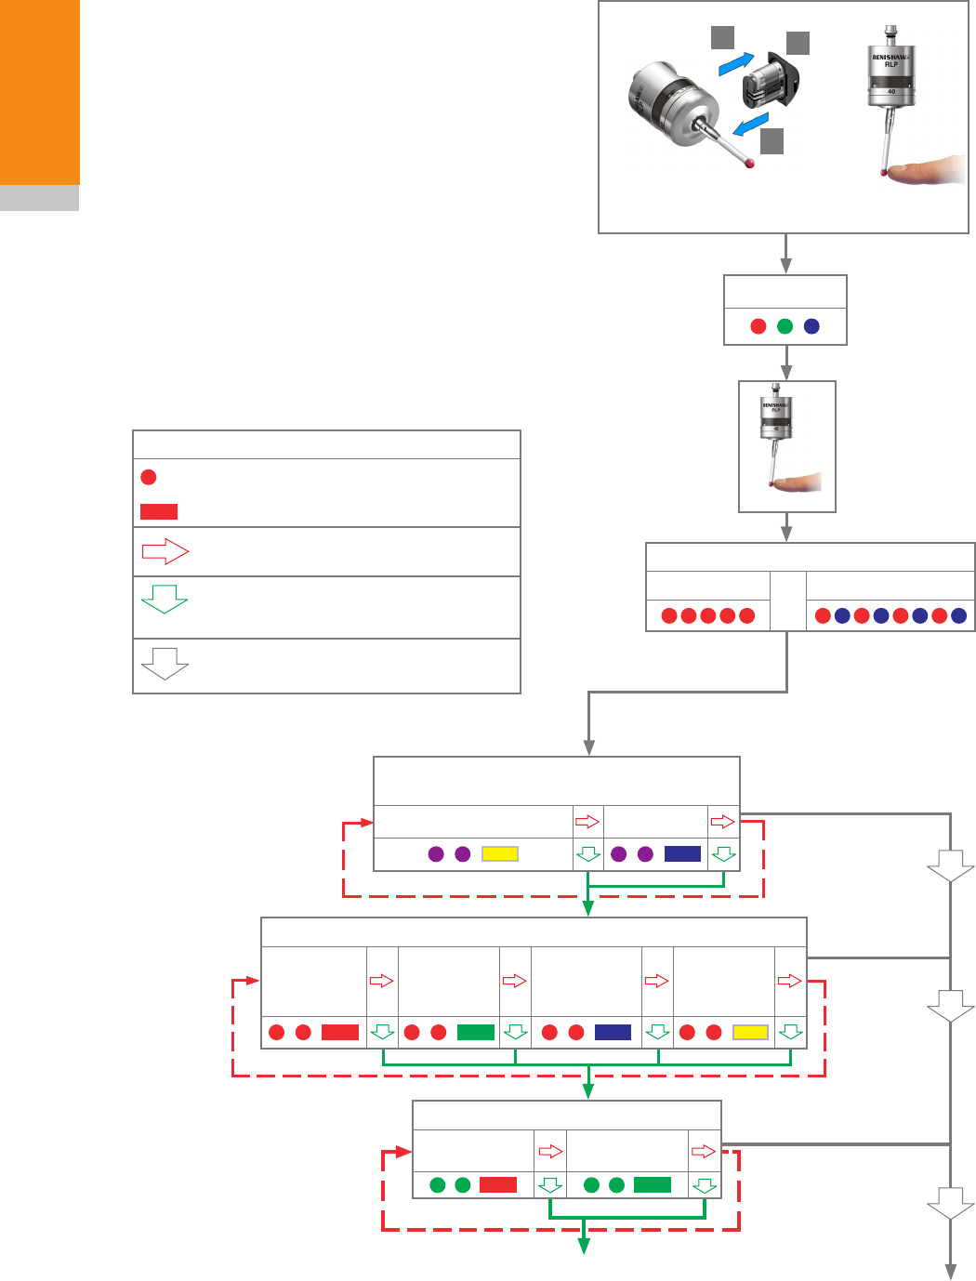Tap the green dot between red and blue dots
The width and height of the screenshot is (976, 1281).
[x=785, y=326]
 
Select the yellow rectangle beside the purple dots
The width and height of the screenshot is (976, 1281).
[x=499, y=853]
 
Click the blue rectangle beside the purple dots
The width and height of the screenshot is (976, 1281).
[x=682, y=853]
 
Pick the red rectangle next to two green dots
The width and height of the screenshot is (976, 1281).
[x=497, y=1184]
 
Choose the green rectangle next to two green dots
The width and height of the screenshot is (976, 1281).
[x=652, y=1184]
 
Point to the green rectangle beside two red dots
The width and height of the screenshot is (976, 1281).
[x=476, y=1032]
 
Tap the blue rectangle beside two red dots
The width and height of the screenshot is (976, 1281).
[x=613, y=1032]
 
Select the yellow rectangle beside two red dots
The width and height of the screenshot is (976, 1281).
[x=750, y=1032]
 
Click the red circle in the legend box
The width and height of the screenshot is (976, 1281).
[x=148, y=477]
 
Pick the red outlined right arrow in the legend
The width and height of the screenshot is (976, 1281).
[x=165, y=552]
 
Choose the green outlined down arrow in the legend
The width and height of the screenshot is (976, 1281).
[x=165, y=599]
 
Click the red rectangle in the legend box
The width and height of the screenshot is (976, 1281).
[x=158, y=511]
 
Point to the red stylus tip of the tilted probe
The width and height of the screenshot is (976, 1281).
[x=749, y=164]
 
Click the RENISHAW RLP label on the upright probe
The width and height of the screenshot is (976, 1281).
[x=890, y=60]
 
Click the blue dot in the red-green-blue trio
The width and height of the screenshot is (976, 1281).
[x=811, y=326]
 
